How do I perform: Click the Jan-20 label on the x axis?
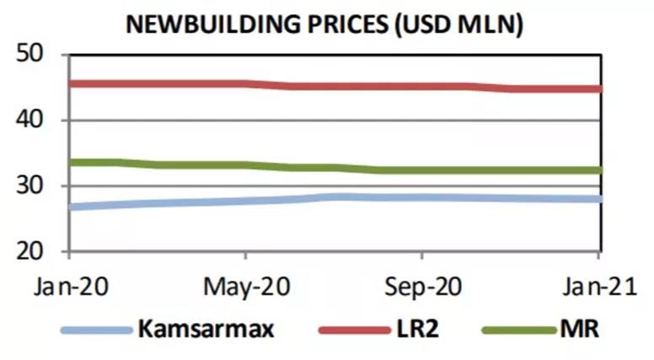67,284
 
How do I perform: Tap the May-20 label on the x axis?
245,284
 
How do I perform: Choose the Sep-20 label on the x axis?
422,284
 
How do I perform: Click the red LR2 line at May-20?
245,84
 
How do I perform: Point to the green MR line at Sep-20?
422,170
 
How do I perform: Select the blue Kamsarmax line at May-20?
245,201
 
